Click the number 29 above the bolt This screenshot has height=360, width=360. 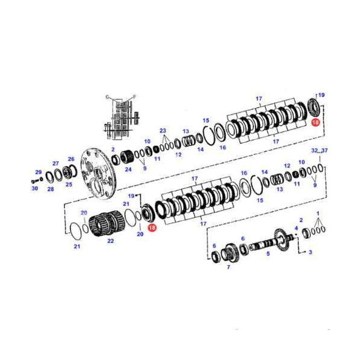click(38, 172)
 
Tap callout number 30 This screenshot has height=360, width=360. click(35, 188)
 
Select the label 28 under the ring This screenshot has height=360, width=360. click(50, 189)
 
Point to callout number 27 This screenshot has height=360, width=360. click(55, 163)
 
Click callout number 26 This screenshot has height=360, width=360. click(71, 159)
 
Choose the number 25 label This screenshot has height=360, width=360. click(68, 184)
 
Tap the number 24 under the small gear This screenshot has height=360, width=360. click(128, 169)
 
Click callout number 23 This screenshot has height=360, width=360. click(162, 130)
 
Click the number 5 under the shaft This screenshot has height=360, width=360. click(268, 254)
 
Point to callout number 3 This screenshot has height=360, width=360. click(310, 253)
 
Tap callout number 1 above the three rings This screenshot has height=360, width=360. click(318, 213)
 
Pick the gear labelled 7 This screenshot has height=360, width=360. click(230, 253)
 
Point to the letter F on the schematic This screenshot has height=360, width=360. click(134, 97)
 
